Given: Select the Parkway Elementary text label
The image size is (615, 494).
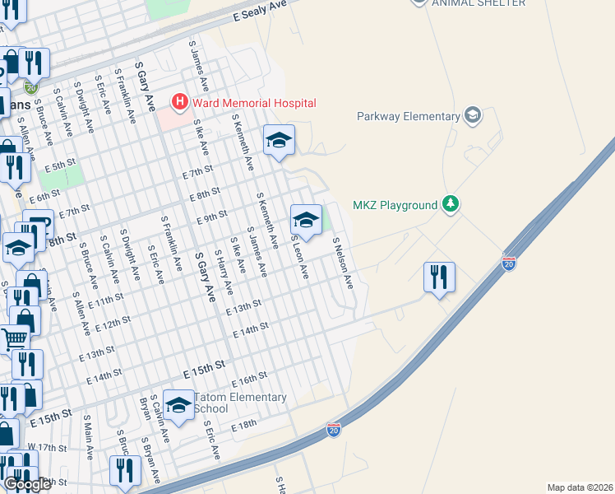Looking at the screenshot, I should click(409, 116).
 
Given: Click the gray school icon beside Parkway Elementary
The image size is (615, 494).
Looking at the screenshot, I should click(472, 115).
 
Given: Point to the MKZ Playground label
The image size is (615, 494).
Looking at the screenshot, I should click(395, 205).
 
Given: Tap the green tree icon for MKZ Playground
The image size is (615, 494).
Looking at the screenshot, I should click(450, 203).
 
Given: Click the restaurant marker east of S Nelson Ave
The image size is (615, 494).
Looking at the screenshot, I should click(439, 277).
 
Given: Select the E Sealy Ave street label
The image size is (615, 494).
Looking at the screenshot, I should click(259, 10).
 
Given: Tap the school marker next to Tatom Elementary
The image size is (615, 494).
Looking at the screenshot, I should click(178, 404).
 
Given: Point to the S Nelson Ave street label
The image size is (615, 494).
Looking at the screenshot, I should click(343, 263).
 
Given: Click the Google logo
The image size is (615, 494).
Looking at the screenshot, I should click(26, 484).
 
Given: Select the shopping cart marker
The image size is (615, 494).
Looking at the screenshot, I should click(14, 338).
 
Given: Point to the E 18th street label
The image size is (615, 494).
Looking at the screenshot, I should click(244, 425).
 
